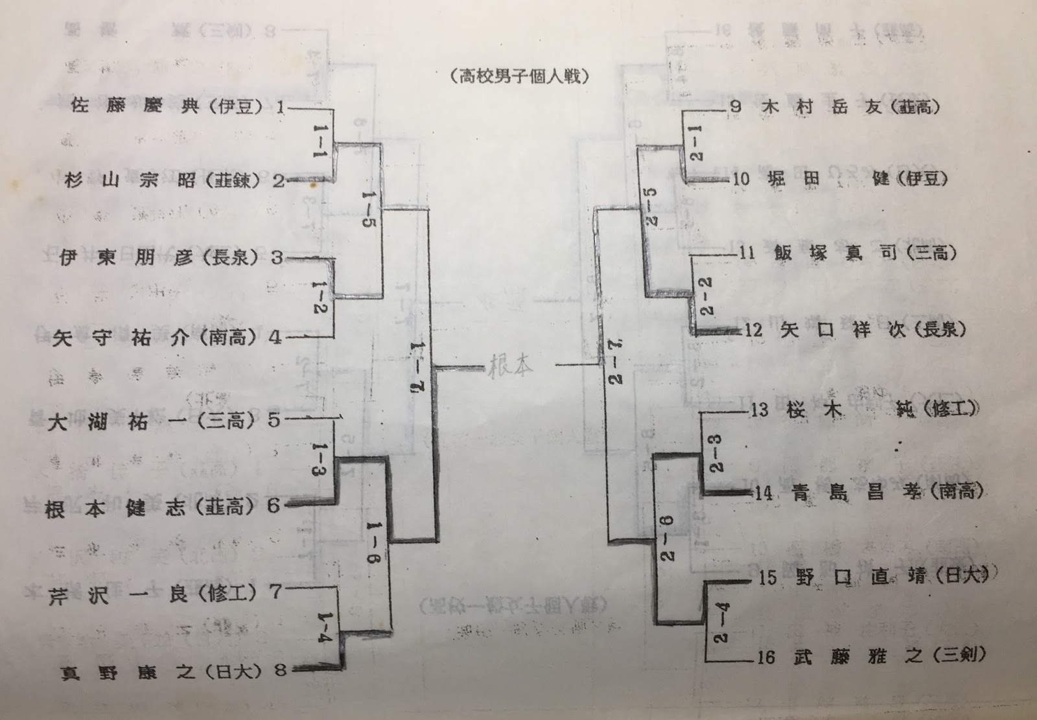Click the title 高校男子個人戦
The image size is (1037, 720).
tap(520, 76)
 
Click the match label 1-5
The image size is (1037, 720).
tap(369, 213)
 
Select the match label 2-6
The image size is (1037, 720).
tap(668, 537)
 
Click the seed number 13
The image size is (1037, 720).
tap(759, 410)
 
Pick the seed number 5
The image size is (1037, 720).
tap(274, 421)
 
